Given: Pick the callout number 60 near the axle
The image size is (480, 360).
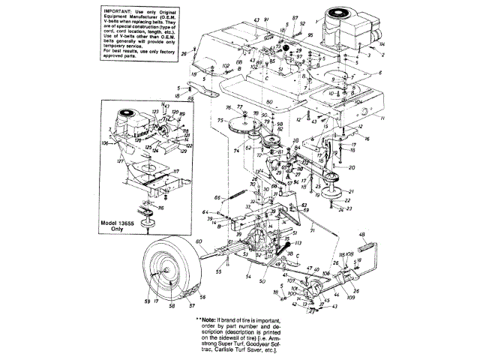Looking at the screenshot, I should click(199, 241).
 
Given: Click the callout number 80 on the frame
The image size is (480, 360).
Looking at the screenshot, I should click(269, 101).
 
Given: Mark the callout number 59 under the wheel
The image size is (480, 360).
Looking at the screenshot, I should click(147, 301).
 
